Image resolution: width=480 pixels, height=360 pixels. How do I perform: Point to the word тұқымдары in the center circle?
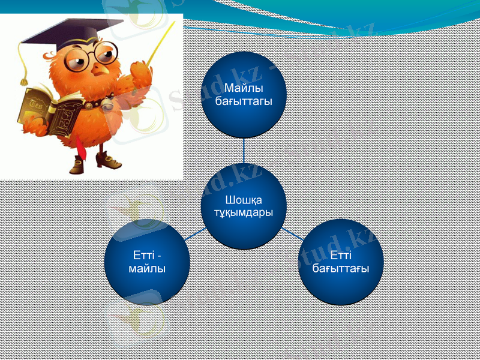click(x=243, y=212)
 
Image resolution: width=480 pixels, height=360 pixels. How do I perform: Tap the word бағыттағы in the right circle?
click(x=341, y=267)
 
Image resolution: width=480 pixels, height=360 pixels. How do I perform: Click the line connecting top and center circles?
click(x=244, y=154)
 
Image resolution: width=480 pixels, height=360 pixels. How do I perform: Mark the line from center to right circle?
click(x=292, y=233)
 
